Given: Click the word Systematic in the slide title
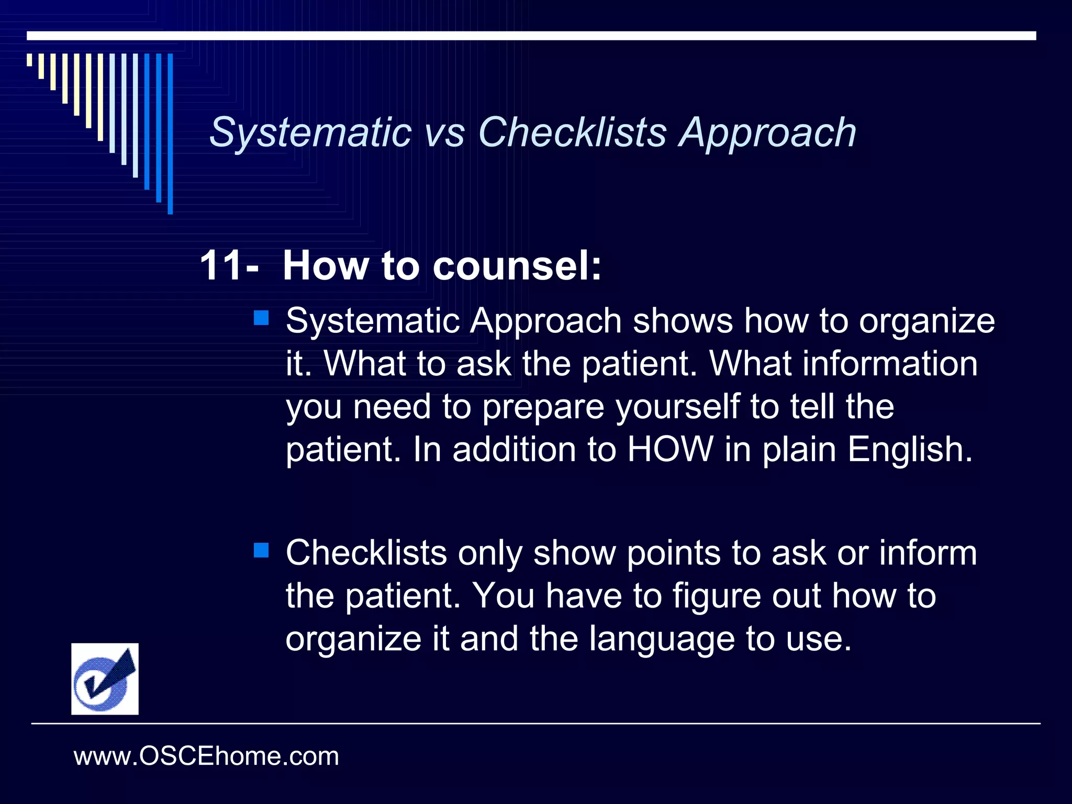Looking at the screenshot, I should [x=310, y=132].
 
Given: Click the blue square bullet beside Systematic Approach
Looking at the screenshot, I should [x=261, y=318].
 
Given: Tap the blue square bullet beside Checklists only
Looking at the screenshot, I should [x=261, y=550].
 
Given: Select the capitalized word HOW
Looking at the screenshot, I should [x=670, y=450].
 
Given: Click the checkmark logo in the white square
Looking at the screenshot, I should [x=105, y=679].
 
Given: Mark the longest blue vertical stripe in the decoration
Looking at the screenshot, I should [x=170, y=134].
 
